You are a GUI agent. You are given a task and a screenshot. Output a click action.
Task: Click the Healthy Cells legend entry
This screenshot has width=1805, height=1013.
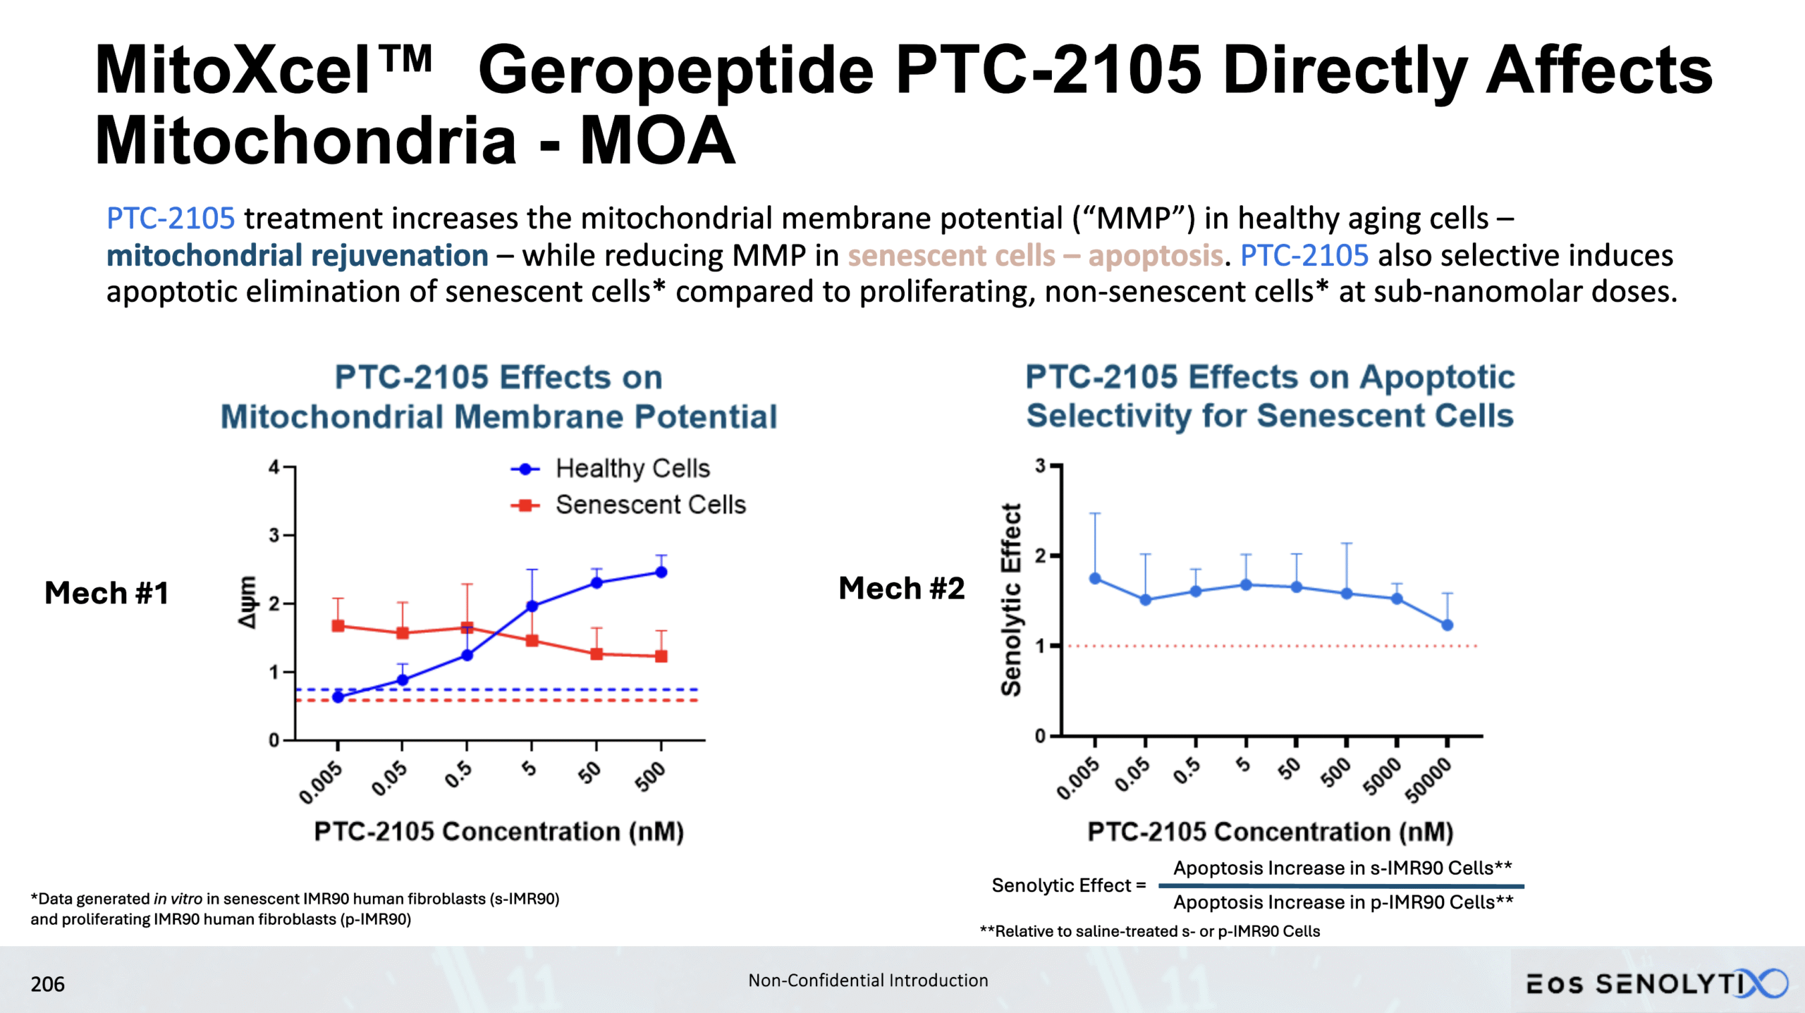coord(632,469)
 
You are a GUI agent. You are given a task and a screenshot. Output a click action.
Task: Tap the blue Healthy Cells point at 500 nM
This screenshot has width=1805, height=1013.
coord(661,572)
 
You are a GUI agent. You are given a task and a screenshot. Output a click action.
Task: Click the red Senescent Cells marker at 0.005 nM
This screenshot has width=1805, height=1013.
coord(338,626)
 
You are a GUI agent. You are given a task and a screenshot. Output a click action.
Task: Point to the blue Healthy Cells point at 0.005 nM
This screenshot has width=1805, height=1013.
coord(338,697)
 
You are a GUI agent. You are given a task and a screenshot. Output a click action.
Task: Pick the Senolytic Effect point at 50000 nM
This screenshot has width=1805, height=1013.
coord(1447,625)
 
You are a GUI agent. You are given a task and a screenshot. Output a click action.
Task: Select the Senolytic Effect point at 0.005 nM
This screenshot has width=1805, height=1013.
coord(1095,579)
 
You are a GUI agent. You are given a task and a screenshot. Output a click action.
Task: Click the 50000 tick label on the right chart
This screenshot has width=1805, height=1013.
coord(1428,780)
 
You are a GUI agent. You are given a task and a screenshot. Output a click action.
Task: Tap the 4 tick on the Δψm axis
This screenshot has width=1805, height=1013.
coord(274,467)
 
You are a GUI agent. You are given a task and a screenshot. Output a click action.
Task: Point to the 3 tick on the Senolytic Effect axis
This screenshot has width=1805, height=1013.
coord(1041,466)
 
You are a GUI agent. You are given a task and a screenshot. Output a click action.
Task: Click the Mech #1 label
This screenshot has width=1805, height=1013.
coord(106,593)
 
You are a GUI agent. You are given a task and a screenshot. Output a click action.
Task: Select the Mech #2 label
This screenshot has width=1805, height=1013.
coord(901,589)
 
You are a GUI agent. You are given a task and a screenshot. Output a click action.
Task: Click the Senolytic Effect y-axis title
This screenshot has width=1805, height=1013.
coord(1011,600)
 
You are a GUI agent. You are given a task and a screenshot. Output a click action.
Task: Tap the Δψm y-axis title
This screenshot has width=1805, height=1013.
coord(247,602)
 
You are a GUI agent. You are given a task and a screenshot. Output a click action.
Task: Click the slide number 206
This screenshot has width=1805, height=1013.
coord(47,984)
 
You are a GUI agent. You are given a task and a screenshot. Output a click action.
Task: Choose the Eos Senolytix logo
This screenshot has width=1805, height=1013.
coord(1656,984)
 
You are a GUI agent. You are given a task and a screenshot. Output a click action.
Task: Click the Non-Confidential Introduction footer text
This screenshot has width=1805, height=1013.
coord(868,981)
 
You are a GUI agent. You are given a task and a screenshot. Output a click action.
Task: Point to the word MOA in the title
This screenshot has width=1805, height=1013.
coord(657,141)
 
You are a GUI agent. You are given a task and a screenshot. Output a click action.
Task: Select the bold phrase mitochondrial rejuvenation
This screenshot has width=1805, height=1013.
coord(297,256)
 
